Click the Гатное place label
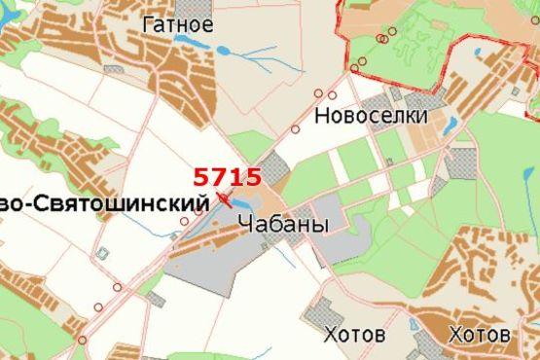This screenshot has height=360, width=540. (177, 23)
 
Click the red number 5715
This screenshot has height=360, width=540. (227, 176)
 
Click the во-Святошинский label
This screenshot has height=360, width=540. (105, 203)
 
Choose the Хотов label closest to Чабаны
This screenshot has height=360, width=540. (353, 334)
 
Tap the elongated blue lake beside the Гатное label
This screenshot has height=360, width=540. (195, 45)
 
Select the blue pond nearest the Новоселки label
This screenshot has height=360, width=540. (450, 125)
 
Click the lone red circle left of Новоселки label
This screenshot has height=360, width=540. (295, 129)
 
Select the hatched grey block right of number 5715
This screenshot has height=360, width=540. (275, 165)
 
